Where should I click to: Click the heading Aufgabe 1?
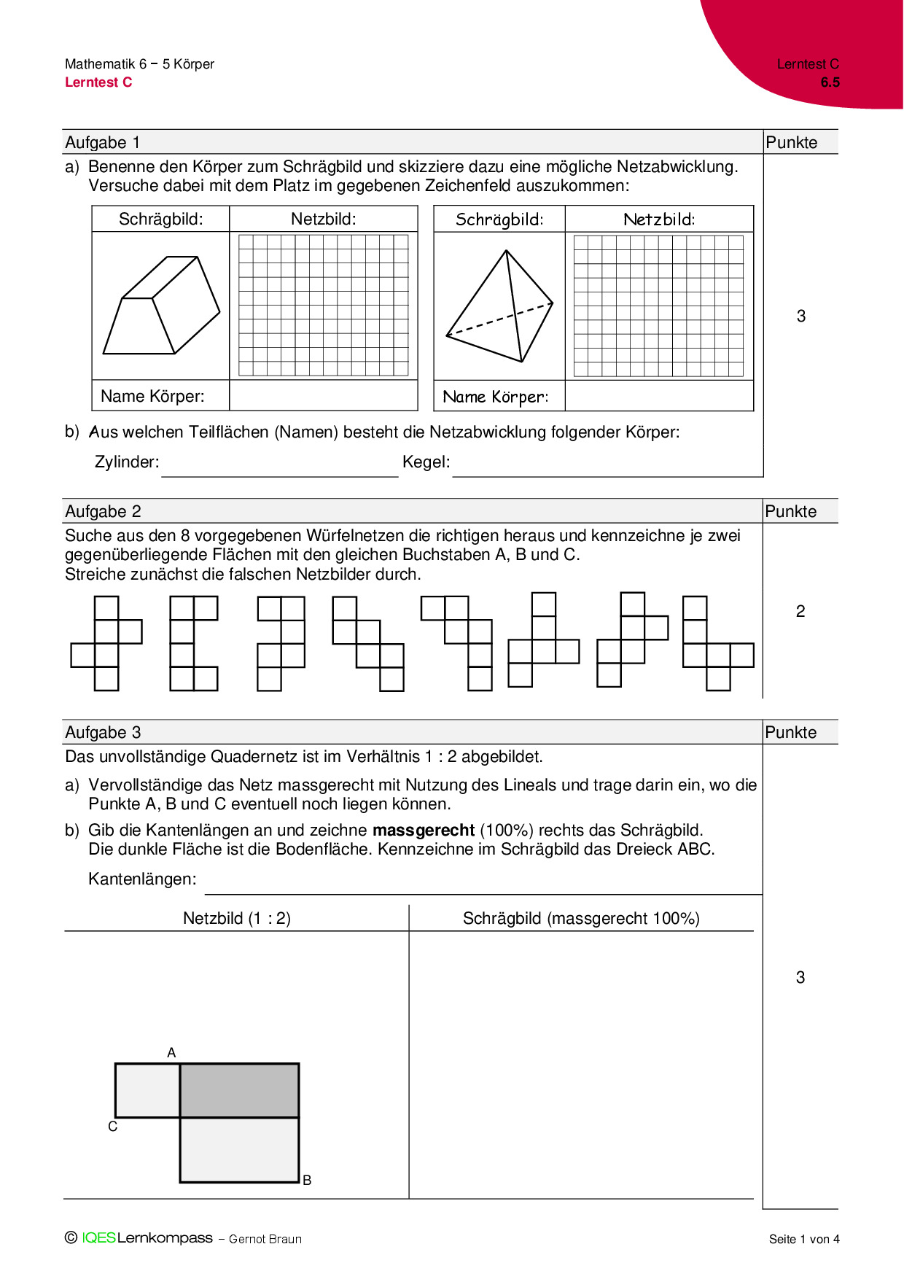(x=103, y=142)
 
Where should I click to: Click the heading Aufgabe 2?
(x=103, y=511)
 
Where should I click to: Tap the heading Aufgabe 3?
(x=103, y=732)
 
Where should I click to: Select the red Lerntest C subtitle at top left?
(x=98, y=82)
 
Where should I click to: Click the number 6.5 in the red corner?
(x=830, y=82)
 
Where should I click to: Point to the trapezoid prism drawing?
(x=162, y=306)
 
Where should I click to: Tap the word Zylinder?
(x=126, y=462)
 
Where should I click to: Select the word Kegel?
(x=426, y=462)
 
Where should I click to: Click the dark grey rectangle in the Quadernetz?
(x=239, y=1090)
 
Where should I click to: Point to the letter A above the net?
(x=171, y=1052)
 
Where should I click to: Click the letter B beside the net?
(x=307, y=1180)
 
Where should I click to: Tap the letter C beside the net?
(x=112, y=1127)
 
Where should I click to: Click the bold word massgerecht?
(x=424, y=830)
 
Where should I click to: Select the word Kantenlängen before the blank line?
(x=142, y=879)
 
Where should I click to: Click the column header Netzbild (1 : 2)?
(x=236, y=918)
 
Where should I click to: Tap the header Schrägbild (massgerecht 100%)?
(x=581, y=918)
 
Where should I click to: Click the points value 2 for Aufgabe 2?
(x=800, y=611)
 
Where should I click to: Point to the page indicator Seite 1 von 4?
(x=804, y=1239)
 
